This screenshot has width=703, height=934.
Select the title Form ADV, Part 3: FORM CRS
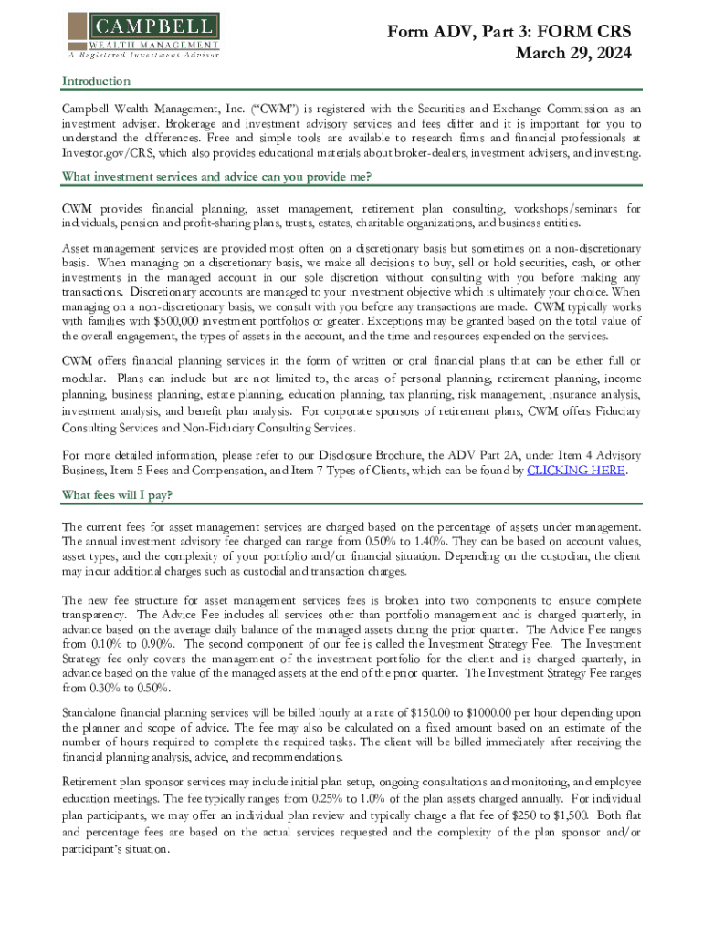click(509, 32)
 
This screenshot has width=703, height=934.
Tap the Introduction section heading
click(96, 81)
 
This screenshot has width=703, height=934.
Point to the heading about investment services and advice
click(215, 176)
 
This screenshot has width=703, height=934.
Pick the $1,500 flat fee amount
click(570, 814)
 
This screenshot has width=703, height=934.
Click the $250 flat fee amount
click(517, 814)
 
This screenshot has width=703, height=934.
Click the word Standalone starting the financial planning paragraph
click(95, 713)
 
